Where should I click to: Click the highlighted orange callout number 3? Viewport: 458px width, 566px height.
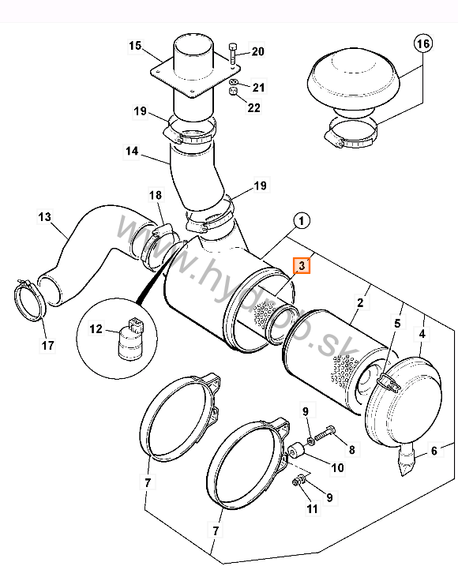coord(302,266)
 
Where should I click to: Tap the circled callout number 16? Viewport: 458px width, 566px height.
coord(423,43)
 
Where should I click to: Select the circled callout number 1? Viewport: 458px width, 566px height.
coord(301,220)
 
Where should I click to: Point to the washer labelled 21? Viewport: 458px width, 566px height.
coord(233,81)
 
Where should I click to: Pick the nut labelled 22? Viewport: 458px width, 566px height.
coord(233,90)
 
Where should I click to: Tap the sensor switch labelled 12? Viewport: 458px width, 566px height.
coord(131,339)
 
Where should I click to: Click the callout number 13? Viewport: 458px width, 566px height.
coord(45,217)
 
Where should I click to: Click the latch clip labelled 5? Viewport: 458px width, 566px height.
coord(389,382)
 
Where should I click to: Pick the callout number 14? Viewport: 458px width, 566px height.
coord(132,151)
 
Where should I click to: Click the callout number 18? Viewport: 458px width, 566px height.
coord(156,195)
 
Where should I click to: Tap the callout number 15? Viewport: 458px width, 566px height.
coord(135,46)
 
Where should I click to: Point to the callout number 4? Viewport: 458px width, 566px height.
coord(422,334)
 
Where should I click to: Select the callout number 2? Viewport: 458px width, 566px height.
coord(360,302)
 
